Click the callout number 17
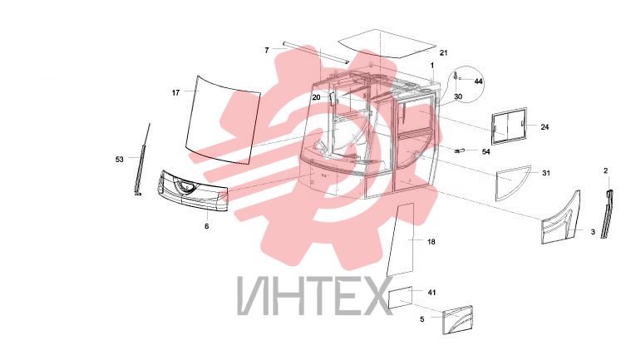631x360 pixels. (176, 93)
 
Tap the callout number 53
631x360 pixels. (120, 160)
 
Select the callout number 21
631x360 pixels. (443, 52)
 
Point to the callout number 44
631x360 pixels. (478, 81)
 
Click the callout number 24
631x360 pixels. (545, 127)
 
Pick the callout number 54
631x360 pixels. (486, 151)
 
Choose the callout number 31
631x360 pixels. (546, 173)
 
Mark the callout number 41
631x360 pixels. (431, 293)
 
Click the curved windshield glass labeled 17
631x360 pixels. (224, 121)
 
